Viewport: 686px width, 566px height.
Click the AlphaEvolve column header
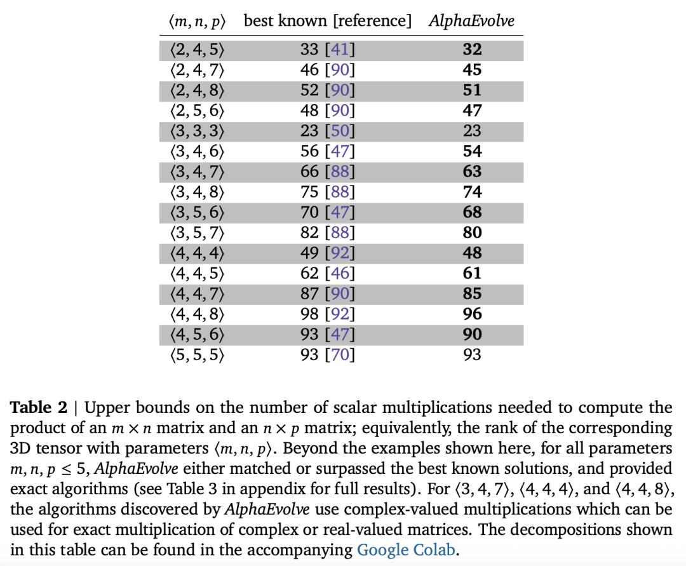pos(471,21)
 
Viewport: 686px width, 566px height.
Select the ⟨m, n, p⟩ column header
pos(197,21)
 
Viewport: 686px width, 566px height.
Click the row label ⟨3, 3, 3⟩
pos(197,131)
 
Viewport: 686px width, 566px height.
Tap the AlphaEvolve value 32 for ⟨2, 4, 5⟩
pos(472,50)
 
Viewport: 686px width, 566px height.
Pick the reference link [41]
pos(339,50)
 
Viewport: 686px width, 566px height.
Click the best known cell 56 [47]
pos(327,151)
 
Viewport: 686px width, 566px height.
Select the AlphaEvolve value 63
pos(472,172)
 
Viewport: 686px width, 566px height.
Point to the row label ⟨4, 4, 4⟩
pos(197,253)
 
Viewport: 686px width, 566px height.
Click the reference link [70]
pos(339,354)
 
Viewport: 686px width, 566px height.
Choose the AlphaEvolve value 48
pos(472,253)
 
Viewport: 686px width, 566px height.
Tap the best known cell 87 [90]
pos(327,293)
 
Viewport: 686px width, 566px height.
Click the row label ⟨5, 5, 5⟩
pos(197,354)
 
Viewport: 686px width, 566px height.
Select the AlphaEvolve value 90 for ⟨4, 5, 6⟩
pos(472,334)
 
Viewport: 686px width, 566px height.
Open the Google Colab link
pos(406,549)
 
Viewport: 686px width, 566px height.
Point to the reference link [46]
pos(339,273)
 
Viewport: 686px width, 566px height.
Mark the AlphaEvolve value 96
pos(472,314)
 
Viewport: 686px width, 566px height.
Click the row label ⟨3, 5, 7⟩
pos(197,232)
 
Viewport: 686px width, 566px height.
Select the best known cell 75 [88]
pos(327,192)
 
